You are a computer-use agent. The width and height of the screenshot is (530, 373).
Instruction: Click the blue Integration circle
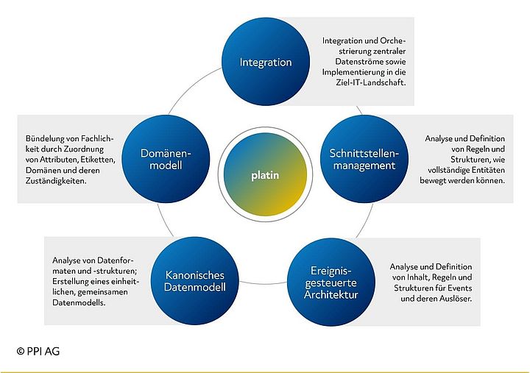click(266, 63)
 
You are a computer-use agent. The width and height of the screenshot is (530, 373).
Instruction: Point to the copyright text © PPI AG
click(38, 352)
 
